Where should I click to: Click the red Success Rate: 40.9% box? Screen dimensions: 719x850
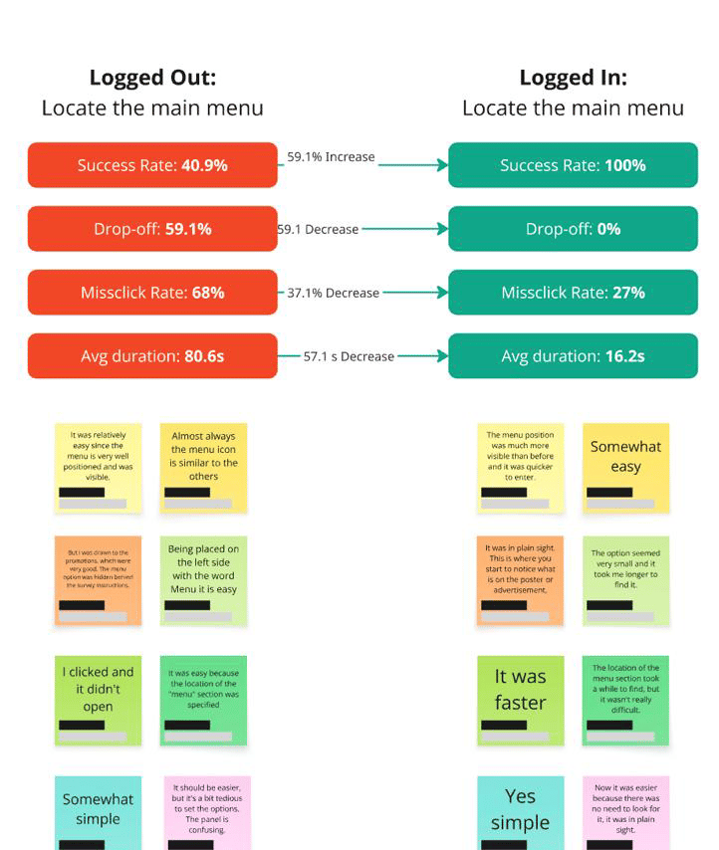click(x=152, y=165)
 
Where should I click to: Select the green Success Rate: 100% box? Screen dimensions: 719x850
click(x=573, y=165)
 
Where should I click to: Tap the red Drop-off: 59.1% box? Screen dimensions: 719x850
click(x=152, y=229)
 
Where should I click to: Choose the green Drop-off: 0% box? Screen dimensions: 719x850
click(x=573, y=229)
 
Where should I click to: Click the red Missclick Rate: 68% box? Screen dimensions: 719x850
click(x=152, y=293)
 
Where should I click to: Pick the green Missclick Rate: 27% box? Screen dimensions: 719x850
click(x=573, y=293)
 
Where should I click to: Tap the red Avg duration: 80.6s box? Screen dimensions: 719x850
click(x=152, y=356)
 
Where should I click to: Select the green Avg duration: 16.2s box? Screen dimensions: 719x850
click(x=573, y=356)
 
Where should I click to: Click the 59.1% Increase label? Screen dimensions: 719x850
click(x=331, y=157)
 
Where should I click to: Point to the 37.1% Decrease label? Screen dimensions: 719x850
click(x=334, y=293)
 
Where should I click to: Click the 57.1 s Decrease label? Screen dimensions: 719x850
click(x=349, y=356)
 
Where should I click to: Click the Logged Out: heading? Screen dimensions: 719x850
click(x=152, y=78)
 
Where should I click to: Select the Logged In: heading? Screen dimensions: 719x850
click(x=573, y=78)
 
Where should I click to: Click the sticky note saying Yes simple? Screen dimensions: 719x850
click(x=520, y=812)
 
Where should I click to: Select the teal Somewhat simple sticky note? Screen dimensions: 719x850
click(x=98, y=812)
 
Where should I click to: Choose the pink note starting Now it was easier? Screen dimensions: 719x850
click(x=625, y=812)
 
